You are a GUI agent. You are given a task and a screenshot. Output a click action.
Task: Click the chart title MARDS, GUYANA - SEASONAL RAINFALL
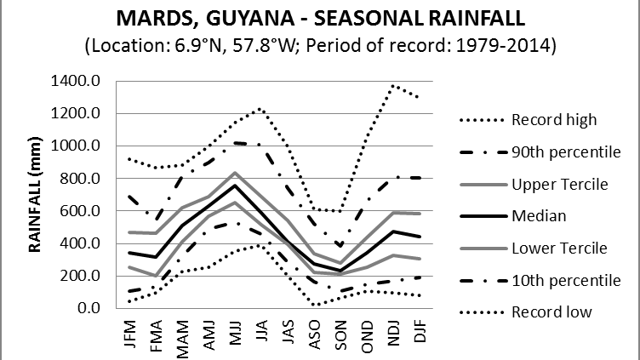point(320,18)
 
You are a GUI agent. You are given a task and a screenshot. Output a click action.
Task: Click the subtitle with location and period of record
point(320,45)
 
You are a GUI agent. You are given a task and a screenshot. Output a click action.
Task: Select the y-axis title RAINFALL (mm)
point(36,195)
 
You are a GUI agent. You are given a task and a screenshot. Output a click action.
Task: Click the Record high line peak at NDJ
point(393,85)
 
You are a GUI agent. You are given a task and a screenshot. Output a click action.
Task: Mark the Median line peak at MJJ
point(235,186)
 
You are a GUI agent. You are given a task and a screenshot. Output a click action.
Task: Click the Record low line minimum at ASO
point(314,304)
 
